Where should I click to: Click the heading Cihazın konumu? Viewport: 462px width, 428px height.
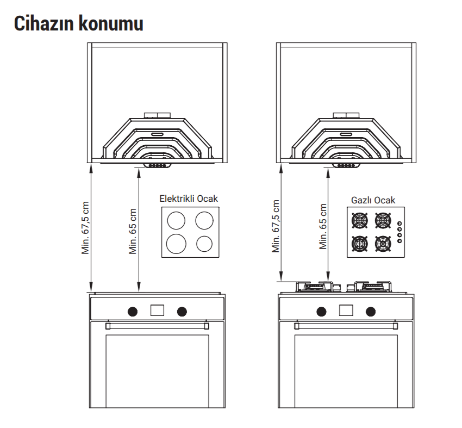pyautogui.click(x=79, y=23)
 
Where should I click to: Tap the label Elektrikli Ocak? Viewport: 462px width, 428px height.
pyautogui.click(x=189, y=199)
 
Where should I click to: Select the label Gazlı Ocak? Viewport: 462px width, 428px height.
pyautogui.click(x=373, y=200)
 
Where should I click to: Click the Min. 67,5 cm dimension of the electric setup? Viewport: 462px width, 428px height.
pyautogui.click(x=85, y=227)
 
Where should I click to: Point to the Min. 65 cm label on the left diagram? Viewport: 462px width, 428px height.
pyautogui.click(x=133, y=231)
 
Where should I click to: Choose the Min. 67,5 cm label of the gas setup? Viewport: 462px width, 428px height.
pyautogui.click(x=276, y=226)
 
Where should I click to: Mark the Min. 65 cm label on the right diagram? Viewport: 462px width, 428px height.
pyautogui.click(x=323, y=226)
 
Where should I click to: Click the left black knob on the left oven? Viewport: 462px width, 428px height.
pyautogui.click(x=133, y=311)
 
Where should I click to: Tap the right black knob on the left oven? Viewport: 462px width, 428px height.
pyautogui.click(x=182, y=311)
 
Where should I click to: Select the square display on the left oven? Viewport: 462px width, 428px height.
pyautogui.click(x=157, y=311)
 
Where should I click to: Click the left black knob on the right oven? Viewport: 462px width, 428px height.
pyautogui.click(x=321, y=311)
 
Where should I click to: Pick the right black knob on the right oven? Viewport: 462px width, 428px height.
pyautogui.click(x=371, y=311)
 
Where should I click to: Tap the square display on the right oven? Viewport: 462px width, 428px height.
pyautogui.click(x=346, y=311)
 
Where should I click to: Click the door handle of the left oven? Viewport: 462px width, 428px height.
pyautogui.click(x=157, y=326)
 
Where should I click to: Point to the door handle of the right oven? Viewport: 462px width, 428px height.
pyautogui.click(x=346, y=326)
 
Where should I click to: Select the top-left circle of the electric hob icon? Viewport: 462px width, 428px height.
pyautogui.click(x=176, y=220)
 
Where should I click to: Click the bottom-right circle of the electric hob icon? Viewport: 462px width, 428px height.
pyautogui.click(x=204, y=244)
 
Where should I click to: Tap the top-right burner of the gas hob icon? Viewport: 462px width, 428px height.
pyautogui.click(x=383, y=220)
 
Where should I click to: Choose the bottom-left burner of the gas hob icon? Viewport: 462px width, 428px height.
pyautogui.click(x=360, y=244)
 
